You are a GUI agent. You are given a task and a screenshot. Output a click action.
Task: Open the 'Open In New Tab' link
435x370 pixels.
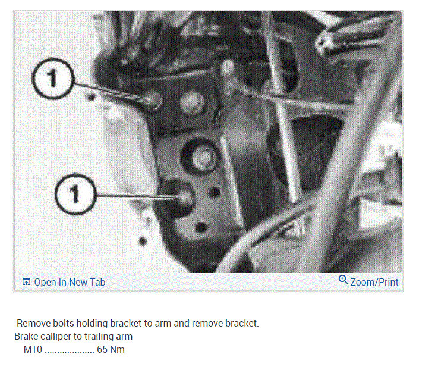point(69,282)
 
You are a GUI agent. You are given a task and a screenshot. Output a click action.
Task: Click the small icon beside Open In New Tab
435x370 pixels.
point(26,282)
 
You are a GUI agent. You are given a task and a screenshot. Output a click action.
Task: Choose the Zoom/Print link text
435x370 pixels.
point(374,282)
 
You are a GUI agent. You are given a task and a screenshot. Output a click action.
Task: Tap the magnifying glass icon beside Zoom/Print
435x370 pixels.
point(343,280)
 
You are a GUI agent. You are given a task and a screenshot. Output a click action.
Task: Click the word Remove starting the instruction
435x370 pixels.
point(33,324)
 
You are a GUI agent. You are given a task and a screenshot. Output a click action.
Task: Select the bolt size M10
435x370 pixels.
point(33,349)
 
